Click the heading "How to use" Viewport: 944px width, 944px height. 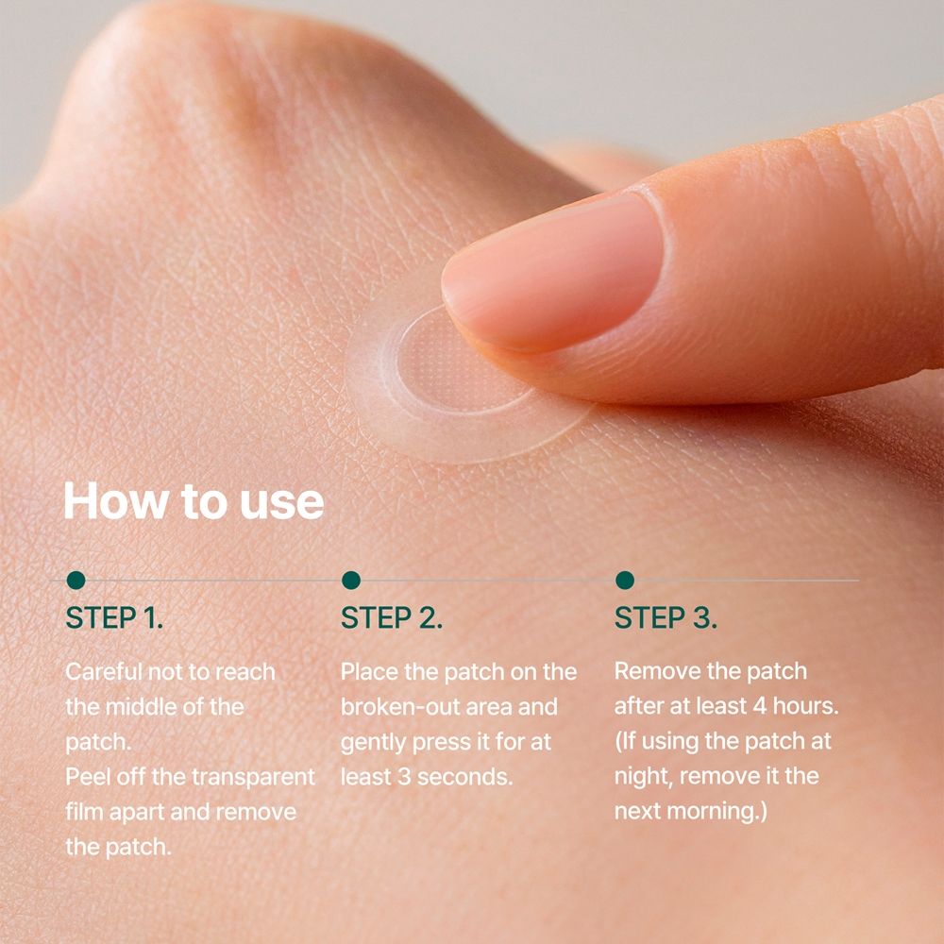(x=194, y=500)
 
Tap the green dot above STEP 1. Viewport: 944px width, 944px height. (x=76, y=581)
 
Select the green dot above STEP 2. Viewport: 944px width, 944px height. (x=351, y=581)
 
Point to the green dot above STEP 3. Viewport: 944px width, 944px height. (x=625, y=581)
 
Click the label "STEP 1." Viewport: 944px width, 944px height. (x=114, y=618)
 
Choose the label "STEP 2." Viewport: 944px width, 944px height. (x=392, y=618)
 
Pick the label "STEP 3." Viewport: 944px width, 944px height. (x=666, y=618)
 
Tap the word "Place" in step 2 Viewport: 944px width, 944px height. (x=369, y=672)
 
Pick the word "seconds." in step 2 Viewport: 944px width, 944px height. (x=464, y=777)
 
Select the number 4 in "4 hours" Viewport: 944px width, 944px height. (x=760, y=706)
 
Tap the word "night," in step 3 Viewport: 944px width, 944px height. (x=642, y=777)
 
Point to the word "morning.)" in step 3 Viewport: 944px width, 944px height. (x=717, y=812)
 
